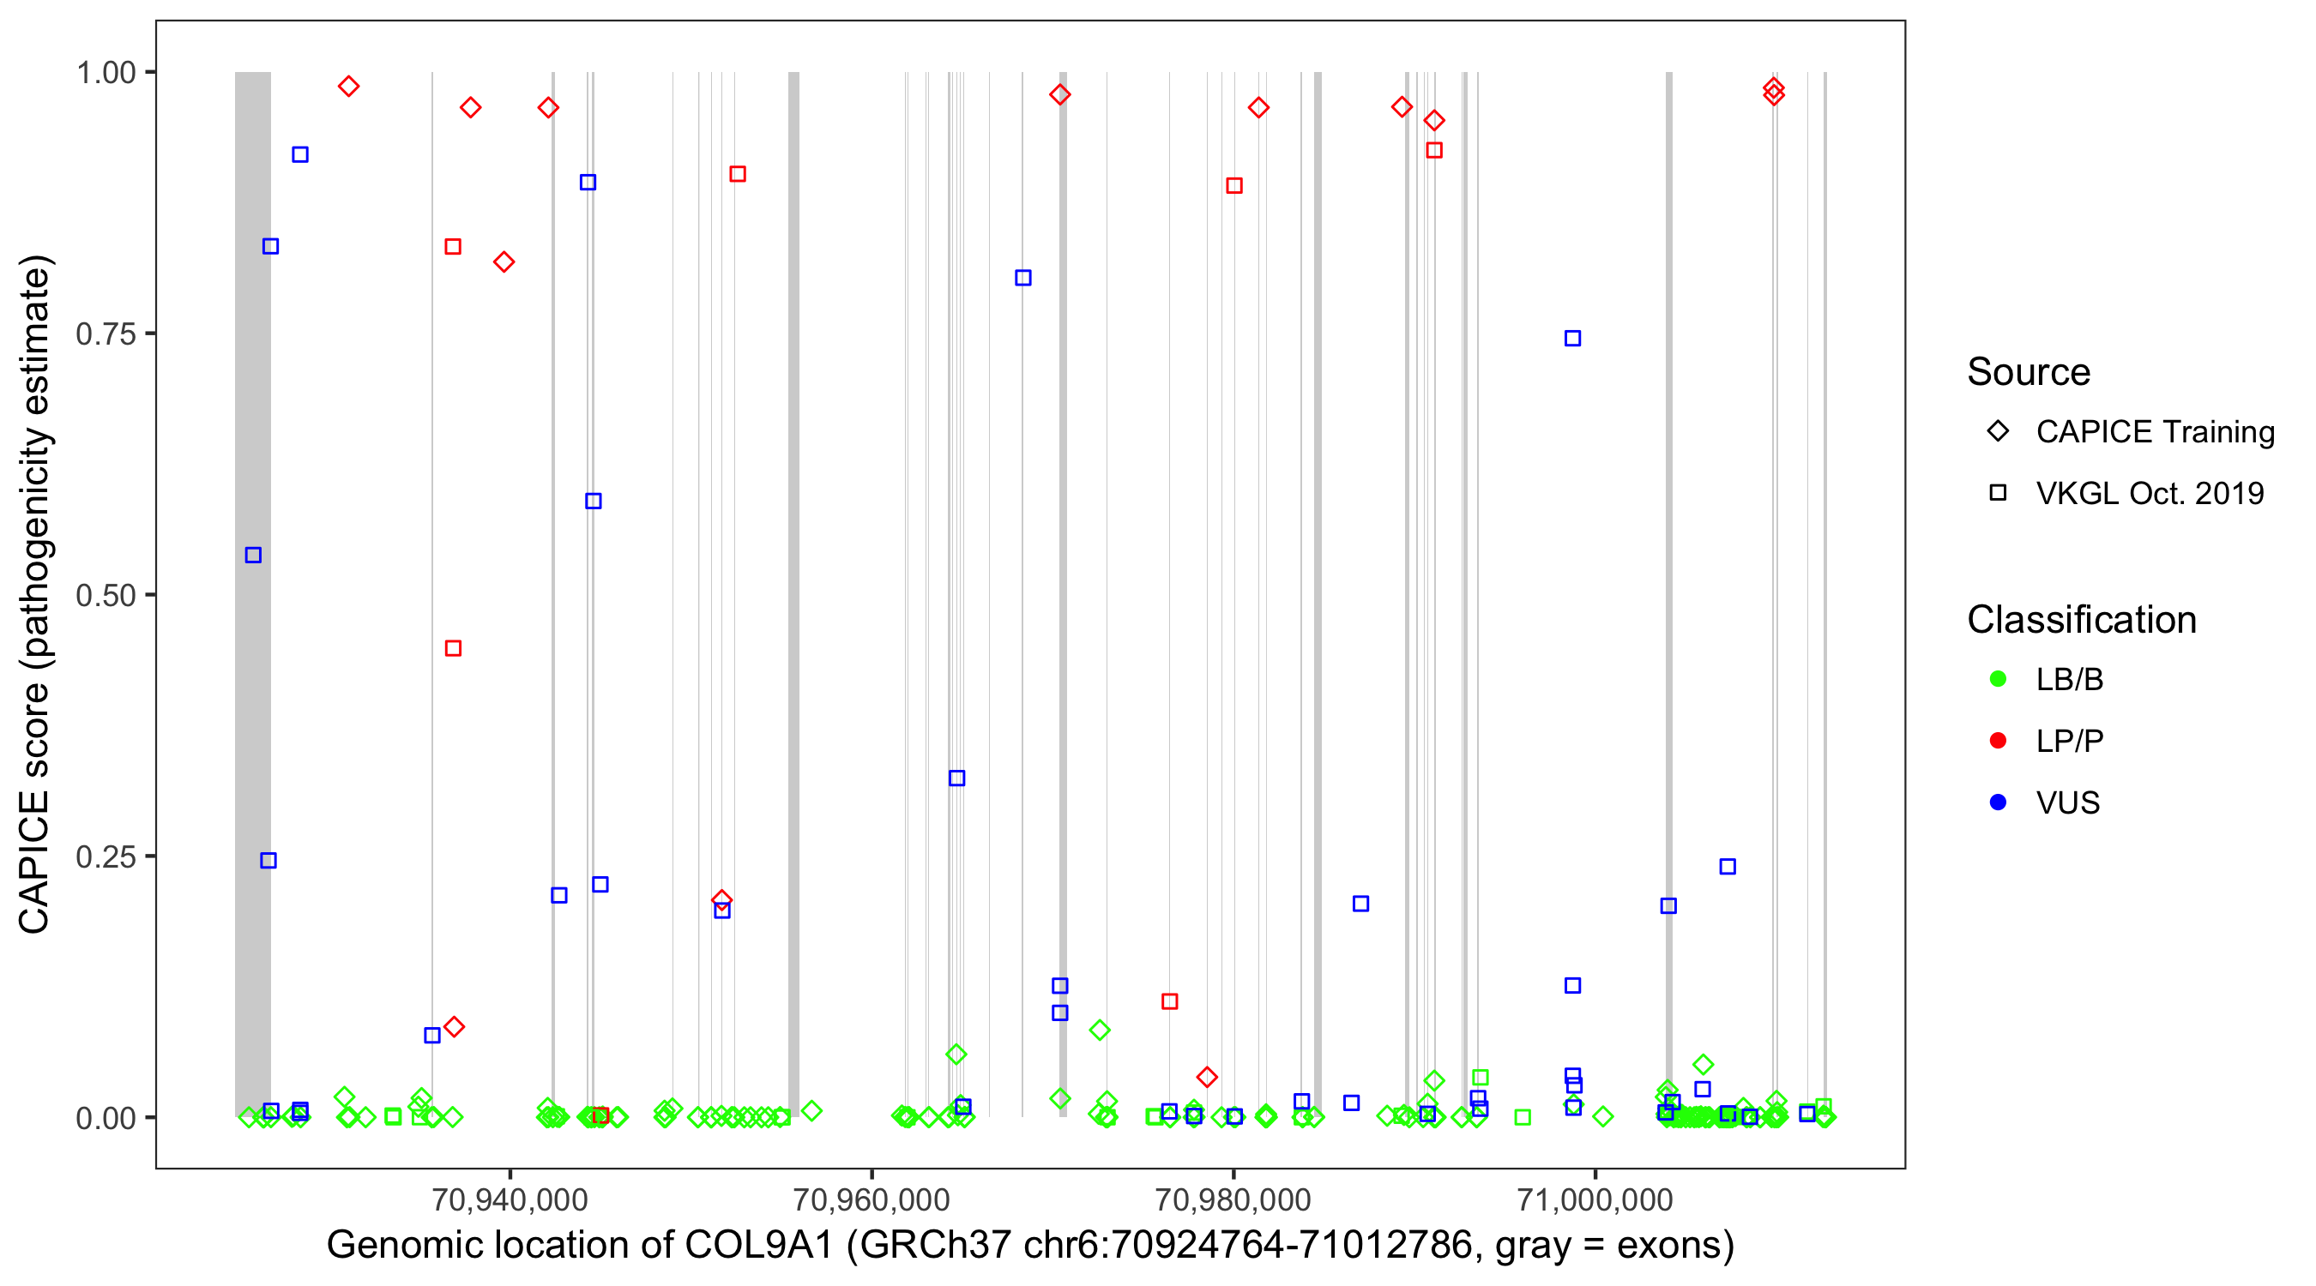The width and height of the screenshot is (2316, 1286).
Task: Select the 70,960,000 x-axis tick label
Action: tap(872, 1199)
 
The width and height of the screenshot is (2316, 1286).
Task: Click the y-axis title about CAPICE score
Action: tap(36, 594)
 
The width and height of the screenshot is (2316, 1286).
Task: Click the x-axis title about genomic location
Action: tap(1029, 1246)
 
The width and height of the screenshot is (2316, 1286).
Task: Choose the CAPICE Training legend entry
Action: tap(2154, 432)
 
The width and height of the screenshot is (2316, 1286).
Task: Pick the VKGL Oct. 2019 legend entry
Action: tap(2149, 493)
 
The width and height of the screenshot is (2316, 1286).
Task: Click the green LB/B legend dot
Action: tap(1998, 679)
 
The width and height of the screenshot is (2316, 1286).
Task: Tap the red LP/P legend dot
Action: tap(1998, 742)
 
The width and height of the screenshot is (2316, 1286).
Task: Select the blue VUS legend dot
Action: tap(1998, 802)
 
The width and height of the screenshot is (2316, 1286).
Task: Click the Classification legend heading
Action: tap(2081, 620)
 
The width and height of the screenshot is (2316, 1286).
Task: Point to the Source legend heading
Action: tap(2029, 372)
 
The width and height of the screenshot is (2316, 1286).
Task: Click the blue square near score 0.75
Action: tap(1572, 339)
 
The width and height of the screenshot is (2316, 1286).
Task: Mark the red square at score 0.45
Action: tap(453, 649)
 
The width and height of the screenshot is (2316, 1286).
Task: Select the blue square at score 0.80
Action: tap(1023, 279)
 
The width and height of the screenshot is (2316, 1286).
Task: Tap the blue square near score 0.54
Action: tap(254, 556)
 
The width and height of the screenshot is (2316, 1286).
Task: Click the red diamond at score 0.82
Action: tap(504, 262)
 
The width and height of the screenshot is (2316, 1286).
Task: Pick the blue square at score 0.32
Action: tap(956, 778)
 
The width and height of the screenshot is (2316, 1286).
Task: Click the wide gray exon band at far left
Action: tap(253, 449)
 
